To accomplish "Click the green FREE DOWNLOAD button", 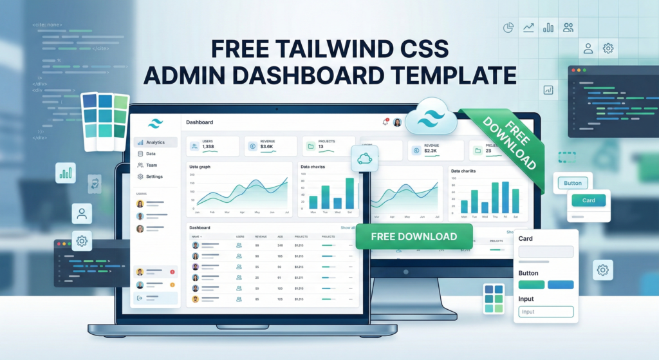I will click(414, 236).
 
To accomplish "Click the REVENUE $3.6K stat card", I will click(270, 146).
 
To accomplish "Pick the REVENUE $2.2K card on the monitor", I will click(436, 150).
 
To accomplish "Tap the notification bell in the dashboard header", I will click(385, 122).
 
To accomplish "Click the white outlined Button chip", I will click(572, 183).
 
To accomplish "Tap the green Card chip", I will click(588, 200).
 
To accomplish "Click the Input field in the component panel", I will click(546, 312).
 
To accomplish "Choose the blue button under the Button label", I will click(561, 285).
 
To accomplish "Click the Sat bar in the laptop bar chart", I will click(349, 193).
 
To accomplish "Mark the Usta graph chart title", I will click(200, 167).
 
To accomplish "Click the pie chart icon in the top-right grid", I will click(508, 28).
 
